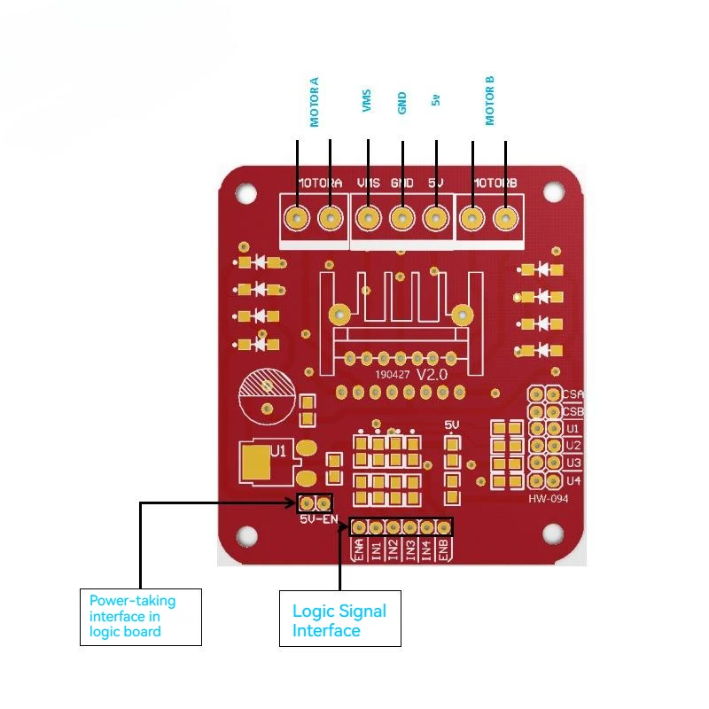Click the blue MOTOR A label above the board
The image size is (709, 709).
coord(315,101)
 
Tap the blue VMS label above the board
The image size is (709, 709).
coord(367,101)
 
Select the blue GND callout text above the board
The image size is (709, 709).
coord(402,103)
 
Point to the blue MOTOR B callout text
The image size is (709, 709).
coord(490,100)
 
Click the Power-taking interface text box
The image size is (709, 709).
coord(140,616)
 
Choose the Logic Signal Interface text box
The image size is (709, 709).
coord(340,619)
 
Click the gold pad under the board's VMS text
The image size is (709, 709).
coord(369,217)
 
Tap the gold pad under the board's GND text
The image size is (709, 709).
coord(402,217)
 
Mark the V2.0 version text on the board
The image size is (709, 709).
coord(432,375)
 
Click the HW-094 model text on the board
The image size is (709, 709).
coord(548,499)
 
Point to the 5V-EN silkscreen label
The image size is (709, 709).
coord(319,519)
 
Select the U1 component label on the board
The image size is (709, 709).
coord(278,451)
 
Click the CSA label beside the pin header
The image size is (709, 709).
coord(573,394)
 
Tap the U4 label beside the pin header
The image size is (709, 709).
coord(573,481)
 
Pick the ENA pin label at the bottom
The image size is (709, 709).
coord(359,549)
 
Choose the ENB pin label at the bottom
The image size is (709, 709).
coord(444,549)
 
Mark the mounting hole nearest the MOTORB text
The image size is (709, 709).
coord(554,191)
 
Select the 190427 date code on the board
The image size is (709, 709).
coord(393,376)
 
